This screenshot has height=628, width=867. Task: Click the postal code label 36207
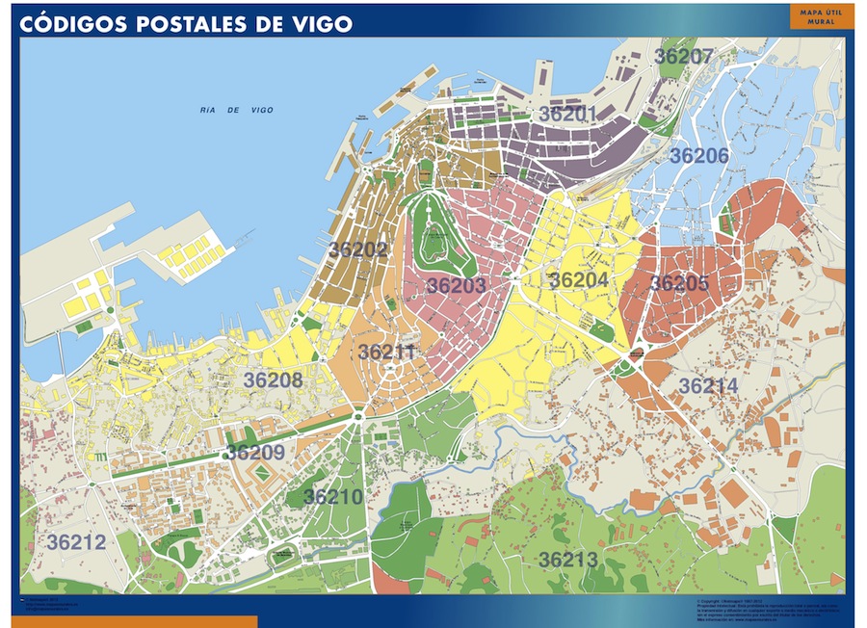pos(684,57)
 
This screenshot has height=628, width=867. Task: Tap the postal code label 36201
pos(568,114)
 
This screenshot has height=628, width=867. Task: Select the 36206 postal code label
pos(698,156)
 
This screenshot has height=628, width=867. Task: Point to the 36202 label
pos(358,249)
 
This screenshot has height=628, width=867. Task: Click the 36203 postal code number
pos(456,286)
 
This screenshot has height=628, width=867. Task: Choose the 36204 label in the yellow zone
pos(579,280)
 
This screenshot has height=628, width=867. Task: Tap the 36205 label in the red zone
pos(679,284)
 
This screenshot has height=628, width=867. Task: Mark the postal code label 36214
pos(709,386)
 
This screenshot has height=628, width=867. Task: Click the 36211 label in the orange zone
pos(387,353)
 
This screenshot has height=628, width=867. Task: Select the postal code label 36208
pos(273,380)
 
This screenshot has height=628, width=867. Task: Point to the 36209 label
pos(255,453)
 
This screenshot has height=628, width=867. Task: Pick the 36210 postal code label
pos(333,497)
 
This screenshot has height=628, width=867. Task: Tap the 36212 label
pos(76,543)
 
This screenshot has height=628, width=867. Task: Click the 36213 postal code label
pos(568,560)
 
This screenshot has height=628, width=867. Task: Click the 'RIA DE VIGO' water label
pos(237,111)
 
